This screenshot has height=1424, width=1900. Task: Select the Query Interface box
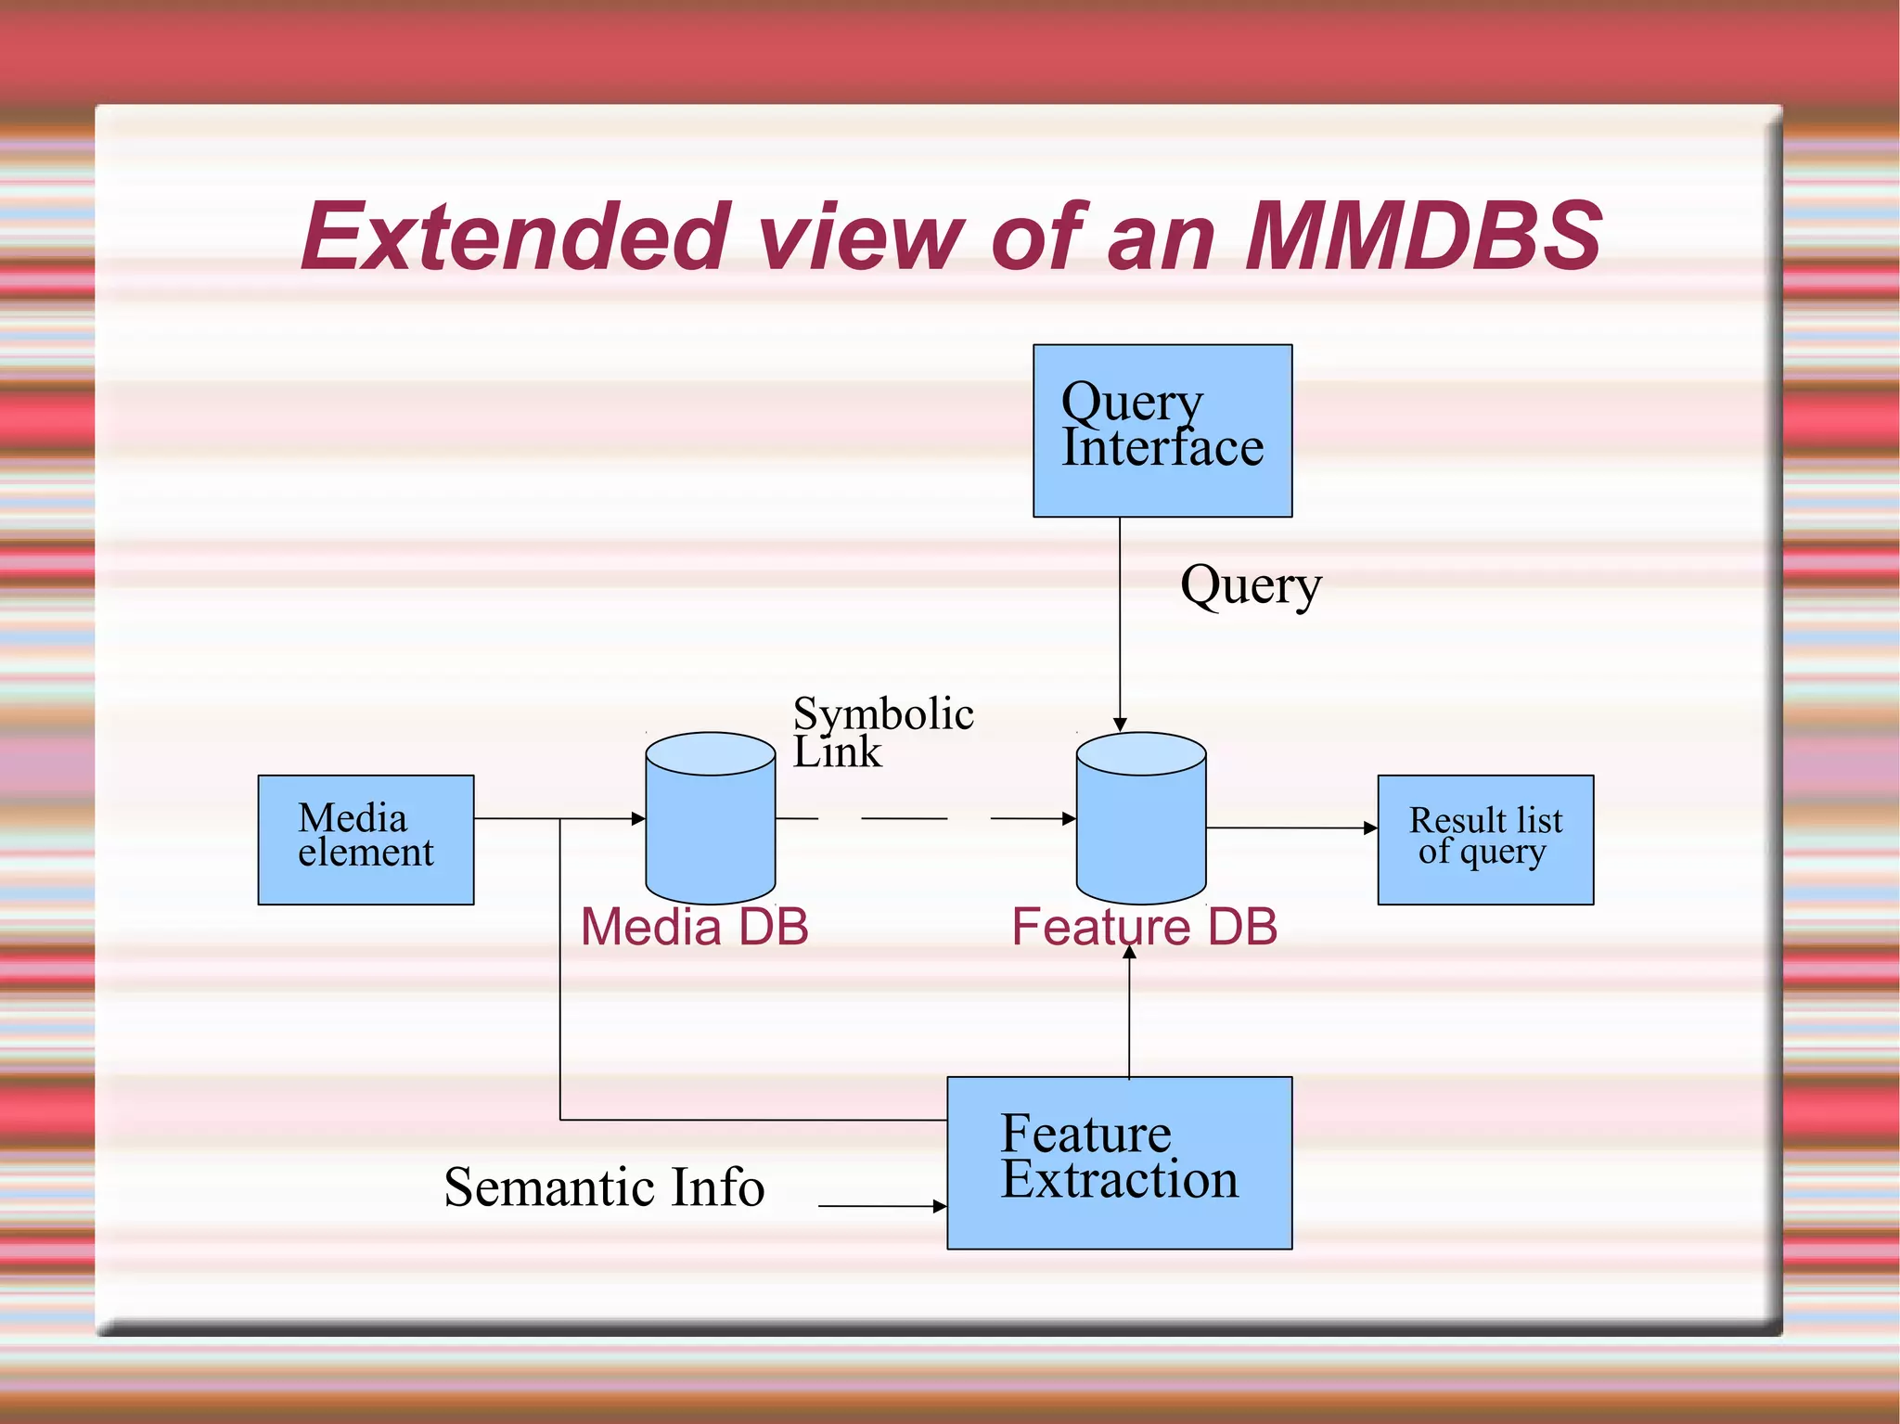(1162, 430)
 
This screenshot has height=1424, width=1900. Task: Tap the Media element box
(366, 839)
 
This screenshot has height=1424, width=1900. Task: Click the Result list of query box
(1484, 839)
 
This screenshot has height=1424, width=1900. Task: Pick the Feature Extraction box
(1119, 1161)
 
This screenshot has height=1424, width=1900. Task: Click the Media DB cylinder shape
(710, 826)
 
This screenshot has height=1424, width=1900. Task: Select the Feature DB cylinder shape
(1140, 826)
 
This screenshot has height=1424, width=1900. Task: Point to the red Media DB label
(694, 927)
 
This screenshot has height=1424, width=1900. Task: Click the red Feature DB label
(1144, 927)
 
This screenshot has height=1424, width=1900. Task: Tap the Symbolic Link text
(881, 731)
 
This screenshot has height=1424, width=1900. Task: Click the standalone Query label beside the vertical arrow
(1250, 585)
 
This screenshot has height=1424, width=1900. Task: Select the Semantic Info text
(604, 1187)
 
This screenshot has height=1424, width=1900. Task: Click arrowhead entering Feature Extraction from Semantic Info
(940, 1206)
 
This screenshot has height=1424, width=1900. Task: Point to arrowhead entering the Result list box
(1370, 827)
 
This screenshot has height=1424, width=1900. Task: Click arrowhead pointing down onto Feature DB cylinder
(1120, 725)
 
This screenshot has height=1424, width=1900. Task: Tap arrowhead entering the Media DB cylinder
(638, 818)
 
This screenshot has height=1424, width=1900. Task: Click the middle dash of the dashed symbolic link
(904, 818)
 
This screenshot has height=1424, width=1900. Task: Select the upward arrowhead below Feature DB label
(1129, 952)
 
